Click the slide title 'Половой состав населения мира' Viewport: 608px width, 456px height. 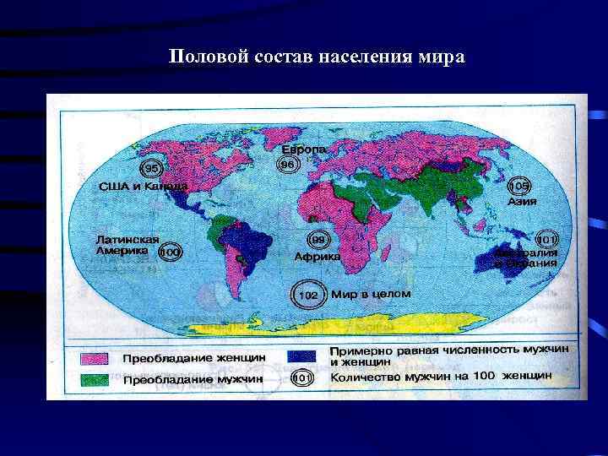click(x=316, y=57)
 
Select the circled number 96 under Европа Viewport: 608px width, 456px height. click(x=288, y=163)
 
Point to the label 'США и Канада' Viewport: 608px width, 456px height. click(x=143, y=186)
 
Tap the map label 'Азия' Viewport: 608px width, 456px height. click(x=521, y=202)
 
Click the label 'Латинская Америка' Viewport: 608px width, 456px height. click(x=127, y=244)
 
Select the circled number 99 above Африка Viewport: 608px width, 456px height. click(x=318, y=239)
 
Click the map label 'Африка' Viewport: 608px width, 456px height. click(x=318, y=256)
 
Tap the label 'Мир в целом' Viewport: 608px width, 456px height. click(x=371, y=294)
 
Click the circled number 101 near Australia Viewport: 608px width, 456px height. click(x=546, y=241)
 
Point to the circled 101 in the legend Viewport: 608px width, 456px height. click(x=302, y=377)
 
